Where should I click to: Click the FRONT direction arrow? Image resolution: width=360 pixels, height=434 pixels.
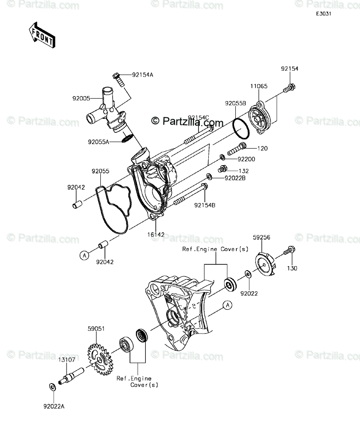(42, 35)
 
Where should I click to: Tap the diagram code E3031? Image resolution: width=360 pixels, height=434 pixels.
(323, 14)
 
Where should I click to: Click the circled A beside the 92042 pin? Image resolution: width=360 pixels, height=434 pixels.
(84, 255)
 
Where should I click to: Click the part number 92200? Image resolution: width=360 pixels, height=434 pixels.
(246, 159)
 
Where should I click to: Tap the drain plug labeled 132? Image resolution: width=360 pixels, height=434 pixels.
(222, 170)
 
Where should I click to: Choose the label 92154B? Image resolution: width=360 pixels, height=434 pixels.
(205, 206)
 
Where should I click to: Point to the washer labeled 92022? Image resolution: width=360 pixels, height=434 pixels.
(248, 274)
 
